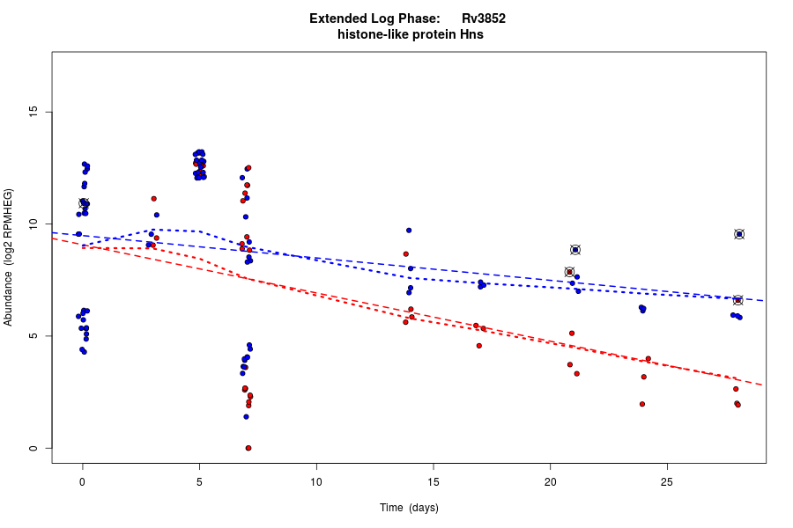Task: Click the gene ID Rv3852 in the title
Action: click(484, 18)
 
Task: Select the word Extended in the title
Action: click(339, 18)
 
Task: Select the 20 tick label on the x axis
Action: click(550, 481)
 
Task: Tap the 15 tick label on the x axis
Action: click(433, 481)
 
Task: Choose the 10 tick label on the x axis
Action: click(316, 481)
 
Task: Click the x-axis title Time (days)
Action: click(409, 508)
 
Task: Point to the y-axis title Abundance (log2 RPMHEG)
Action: click(9, 257)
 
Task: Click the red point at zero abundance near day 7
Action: click(248, 448)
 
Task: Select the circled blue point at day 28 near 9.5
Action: click(739, 234)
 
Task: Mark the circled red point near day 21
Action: click(570, 272)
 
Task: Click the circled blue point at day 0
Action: click(84, 203)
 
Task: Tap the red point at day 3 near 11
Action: click(153, 199)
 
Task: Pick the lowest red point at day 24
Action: click(642, 404)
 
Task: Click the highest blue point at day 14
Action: click(409, 231)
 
